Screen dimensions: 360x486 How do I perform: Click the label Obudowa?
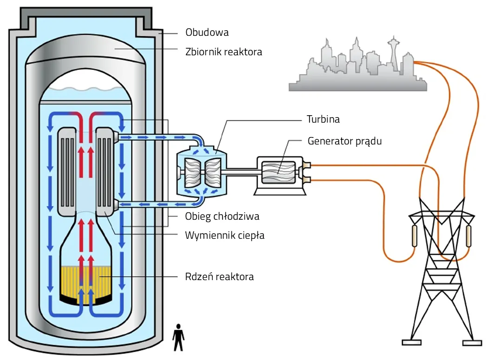click(x=207, y=33)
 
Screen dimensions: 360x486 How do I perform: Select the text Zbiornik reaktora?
click(x=223, y=52)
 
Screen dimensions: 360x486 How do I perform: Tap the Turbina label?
click(x=323, y=119)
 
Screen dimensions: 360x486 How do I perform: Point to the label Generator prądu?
click(x=344, y=141)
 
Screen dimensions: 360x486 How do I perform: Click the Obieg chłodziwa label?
click(x=222, y=216)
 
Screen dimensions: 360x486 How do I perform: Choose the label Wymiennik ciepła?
click(x=224, y=235)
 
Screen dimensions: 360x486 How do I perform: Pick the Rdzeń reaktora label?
click(x=219, y=277)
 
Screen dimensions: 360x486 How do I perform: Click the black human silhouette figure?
click(x=178, y=337)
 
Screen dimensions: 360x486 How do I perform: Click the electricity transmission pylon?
click(x=439, y=274)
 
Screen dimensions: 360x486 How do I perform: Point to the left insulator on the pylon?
click(x=414, y=236)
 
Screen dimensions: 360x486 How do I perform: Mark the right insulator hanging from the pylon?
click(x=468, y=236)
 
